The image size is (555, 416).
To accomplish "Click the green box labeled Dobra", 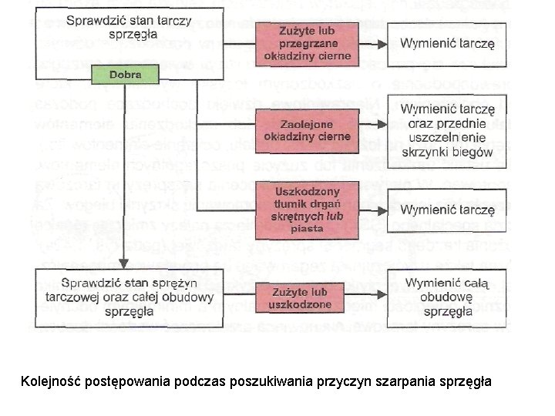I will click(x=124, y=75).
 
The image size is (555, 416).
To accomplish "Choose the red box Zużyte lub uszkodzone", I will click(x=301, y=298).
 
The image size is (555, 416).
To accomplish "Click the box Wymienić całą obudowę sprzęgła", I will click(x=447, y=297).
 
